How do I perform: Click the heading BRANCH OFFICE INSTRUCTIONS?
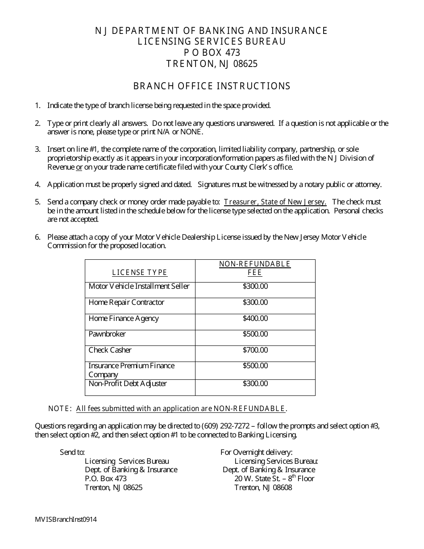(212, 86)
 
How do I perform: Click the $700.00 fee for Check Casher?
(255, 350)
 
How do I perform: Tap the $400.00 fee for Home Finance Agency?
(255, 319)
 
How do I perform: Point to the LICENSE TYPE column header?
(139, 273)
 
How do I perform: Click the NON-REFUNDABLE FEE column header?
(255, 268)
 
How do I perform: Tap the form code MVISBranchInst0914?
(66, 520)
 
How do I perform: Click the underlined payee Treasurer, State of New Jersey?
(275, 202)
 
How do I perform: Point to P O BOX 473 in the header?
(212, 53)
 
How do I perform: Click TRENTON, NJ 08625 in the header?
(212, 64)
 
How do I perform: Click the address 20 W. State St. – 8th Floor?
(274, 478)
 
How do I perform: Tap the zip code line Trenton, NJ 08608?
(263, 487)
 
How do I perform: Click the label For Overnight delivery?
(256, 453)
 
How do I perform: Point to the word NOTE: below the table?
(60, 408)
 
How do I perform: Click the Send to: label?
(72, 453)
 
